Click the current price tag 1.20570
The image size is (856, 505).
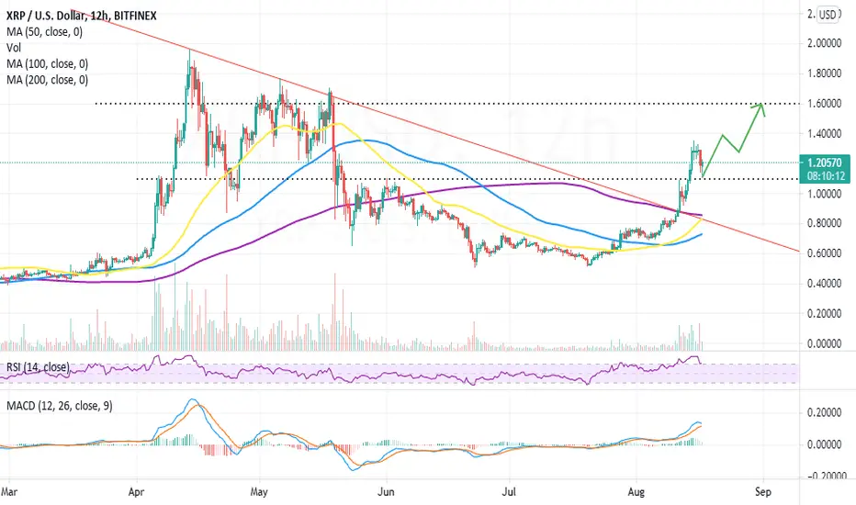click(x=824, y=163)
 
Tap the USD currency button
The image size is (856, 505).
click(x=828, y=15)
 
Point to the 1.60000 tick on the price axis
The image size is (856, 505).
click(x=825, y=104)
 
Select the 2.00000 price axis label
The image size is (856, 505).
click(x=825, y=43)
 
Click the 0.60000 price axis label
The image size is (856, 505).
click(x=825, y=253)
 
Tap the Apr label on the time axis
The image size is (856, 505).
click(x=136, y=492)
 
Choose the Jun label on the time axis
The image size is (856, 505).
click(x=386, y=492)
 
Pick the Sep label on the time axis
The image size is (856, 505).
click(x=763, y=492)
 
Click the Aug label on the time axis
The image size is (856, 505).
click(x=636, y=492)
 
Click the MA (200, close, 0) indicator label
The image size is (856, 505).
click(x=48, y=80)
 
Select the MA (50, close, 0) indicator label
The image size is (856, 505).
click(x=45, y=32)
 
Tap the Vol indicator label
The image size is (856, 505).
click(x=14, y=48)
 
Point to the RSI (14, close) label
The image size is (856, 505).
click(x=38, y=367)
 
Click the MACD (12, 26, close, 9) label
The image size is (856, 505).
click(x=60, y=406)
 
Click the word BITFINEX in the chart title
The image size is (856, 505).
click(x=135, y=16)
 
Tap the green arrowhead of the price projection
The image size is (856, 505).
click(x=760, y=107)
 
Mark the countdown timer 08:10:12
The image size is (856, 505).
click(x=824, y=175)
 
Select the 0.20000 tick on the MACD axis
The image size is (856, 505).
click(x=825, y=413)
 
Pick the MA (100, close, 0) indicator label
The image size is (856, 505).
click(x=48, y=64)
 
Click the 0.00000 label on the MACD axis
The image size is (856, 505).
click(x=825, y=444)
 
